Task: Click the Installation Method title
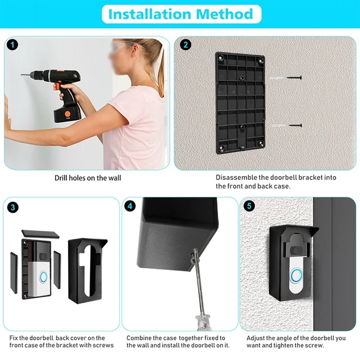180,14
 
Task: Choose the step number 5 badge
249,206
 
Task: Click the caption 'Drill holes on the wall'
87,178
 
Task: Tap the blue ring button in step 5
296,274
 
